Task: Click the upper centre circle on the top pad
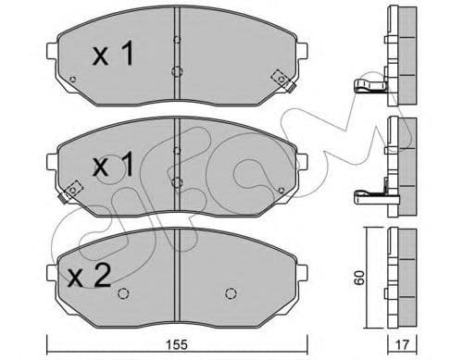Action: pos(176,40)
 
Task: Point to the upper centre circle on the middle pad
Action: pos(176,152)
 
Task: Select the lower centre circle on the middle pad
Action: pos(176,181)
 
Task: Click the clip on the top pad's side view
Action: pos(369,87)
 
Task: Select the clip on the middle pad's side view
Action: pos(369,195)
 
